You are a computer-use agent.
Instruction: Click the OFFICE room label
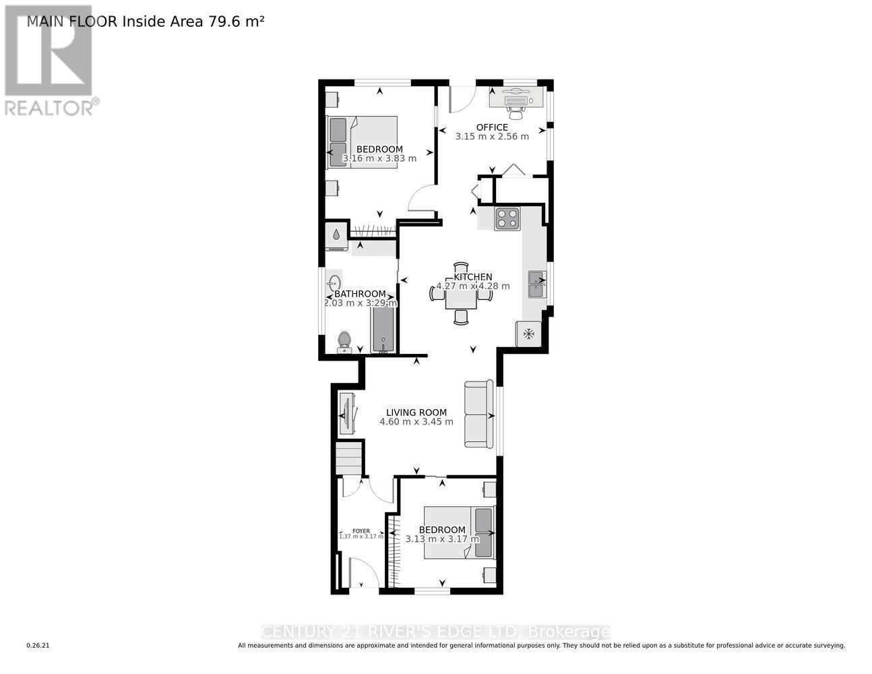[x=492, y=127]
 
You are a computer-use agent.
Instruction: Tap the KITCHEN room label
[x=472, y=276]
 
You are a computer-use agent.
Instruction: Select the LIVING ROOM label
[x=416, y=412]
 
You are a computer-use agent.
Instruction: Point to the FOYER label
[x=361, y=530]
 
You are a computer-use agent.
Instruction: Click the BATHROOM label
[x=360, y=294]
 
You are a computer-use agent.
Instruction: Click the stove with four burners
[x=507, y=218]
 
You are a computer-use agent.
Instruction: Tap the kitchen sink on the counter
[x=537, y=284]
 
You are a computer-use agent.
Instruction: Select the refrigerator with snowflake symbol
[x=529, y=334]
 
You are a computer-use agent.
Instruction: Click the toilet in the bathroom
[x=344, y=342]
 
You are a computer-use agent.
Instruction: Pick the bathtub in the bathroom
[x=383, y=330]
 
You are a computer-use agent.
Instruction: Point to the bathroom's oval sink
[x=334, y=283]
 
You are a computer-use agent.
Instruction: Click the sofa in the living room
[x=479, y=414]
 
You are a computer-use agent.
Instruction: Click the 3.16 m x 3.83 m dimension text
[x=379, y=158]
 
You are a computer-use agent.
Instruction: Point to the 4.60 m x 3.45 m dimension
[x=416, y=422]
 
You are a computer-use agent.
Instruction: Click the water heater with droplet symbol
[x=336, y=236]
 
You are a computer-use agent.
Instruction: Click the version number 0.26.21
[x=38, y=646]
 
